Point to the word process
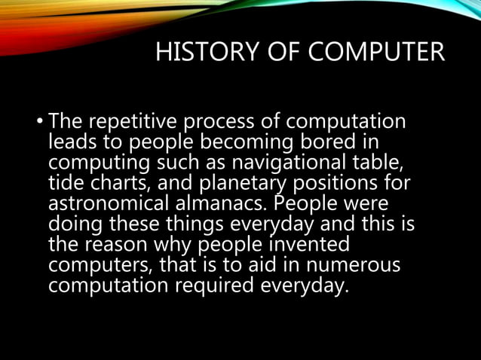[x=219, y=121]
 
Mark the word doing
[x=75, y=224]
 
